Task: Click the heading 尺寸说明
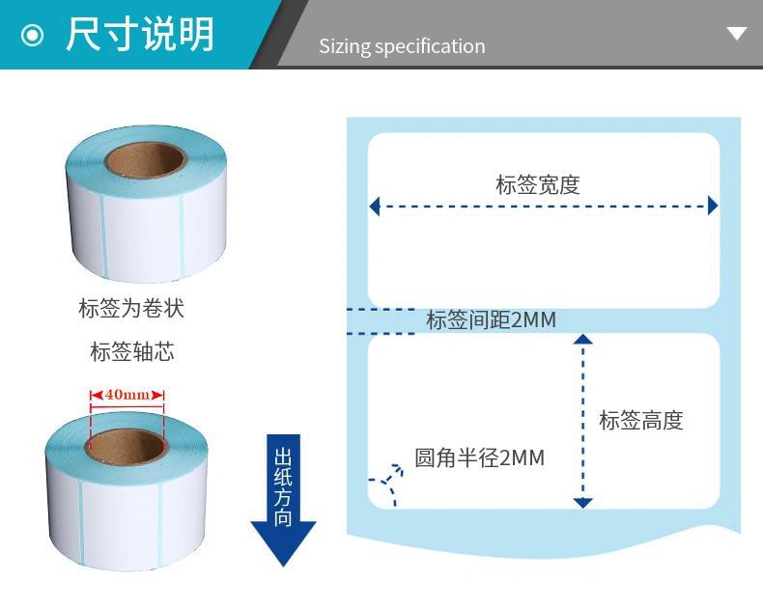(x=139, y=35)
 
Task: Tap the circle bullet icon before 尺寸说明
(x=33, y=36)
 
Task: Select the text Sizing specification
(x=402, y=46)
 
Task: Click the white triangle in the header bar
(x=737, y=34)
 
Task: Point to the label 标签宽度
(x=538, y=184)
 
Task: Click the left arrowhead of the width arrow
(x=375, y=206)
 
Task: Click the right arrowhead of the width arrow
(x=713, y=206)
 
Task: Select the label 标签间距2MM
(x=491, y=320)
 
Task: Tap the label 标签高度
(x=640, y=420)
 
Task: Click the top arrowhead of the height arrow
(x=582, y=339)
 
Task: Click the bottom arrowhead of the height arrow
(x=582, y=502)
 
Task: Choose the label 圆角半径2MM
(x=479, y=457)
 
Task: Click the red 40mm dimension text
(x=127, y=395)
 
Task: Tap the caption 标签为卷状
(x=130, y=309)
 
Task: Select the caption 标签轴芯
(x=131, y=351)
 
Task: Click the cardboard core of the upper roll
(x=144, y=158)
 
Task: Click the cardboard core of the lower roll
(x=126, y=446)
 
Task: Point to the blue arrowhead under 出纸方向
(x=283, y=543)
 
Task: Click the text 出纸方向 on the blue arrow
(x=283, y=486)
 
